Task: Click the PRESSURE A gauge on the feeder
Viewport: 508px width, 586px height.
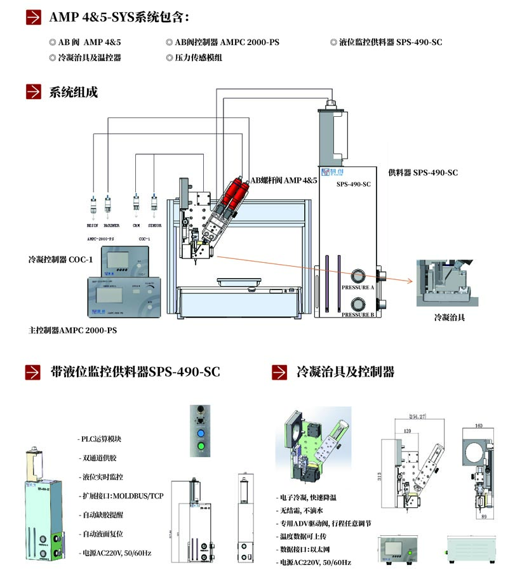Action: pos(356,276)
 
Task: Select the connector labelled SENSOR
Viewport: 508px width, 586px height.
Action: pos(154,206)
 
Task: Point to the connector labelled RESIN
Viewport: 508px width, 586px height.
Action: pos(92,206)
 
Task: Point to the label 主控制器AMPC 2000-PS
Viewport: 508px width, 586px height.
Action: pos(73,331)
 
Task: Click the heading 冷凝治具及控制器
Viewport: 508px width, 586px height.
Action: pos(345,371)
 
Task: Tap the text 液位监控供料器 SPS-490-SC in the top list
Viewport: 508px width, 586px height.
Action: pos(390,43)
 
